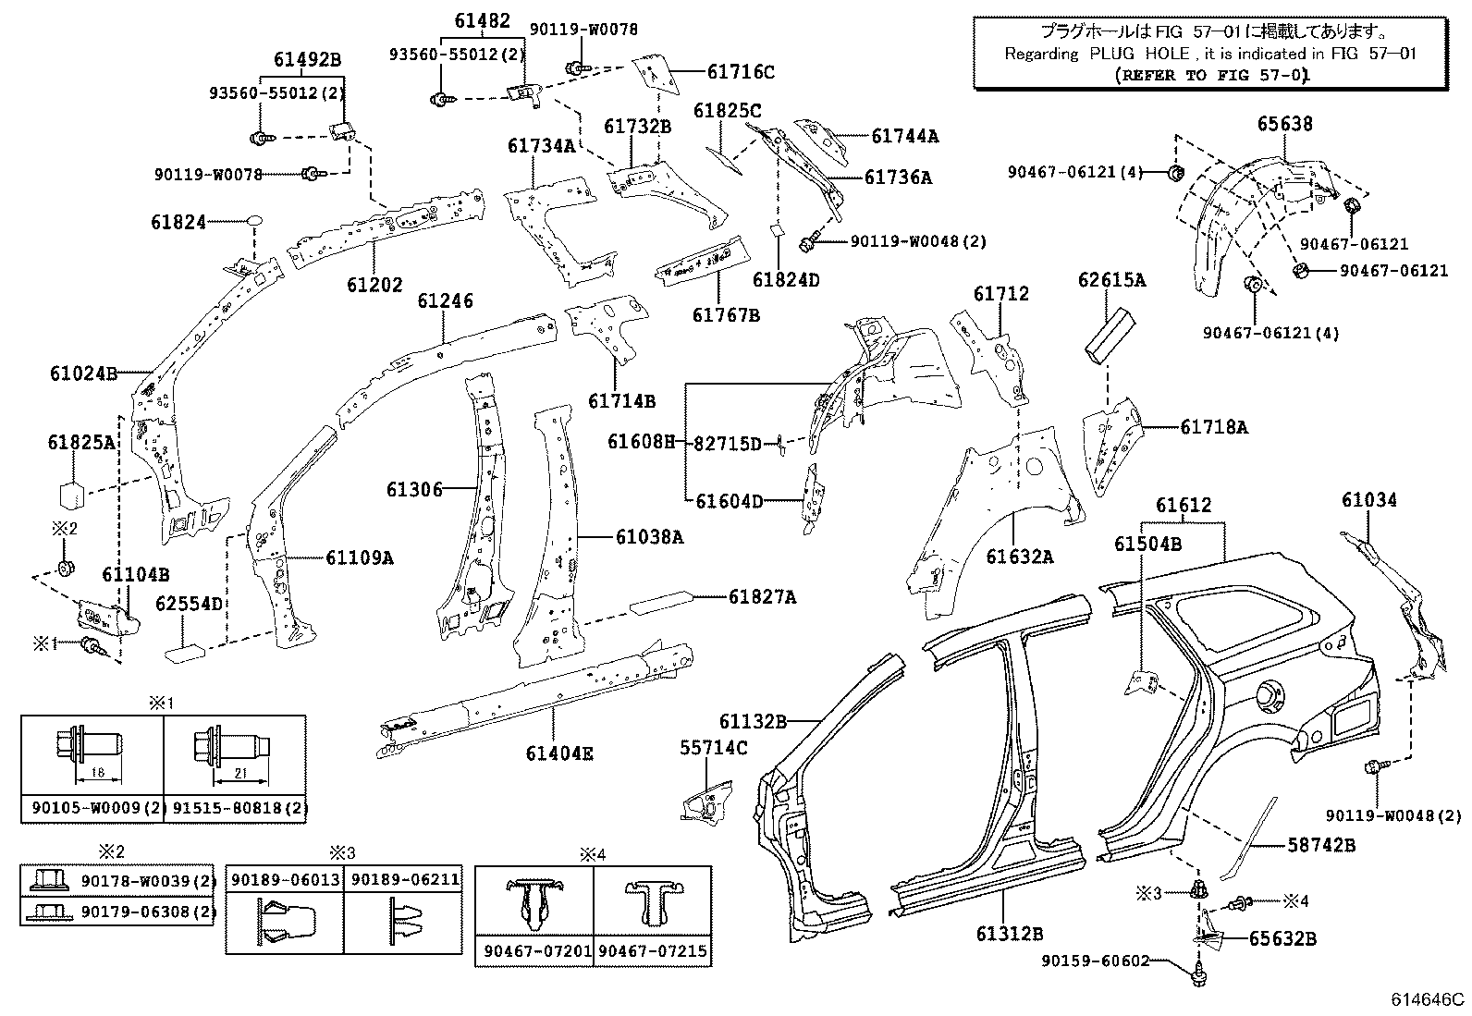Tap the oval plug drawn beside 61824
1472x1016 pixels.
(x=254, y=222)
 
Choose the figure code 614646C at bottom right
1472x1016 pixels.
(x=1429, y=999)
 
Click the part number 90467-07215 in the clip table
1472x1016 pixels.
(x=653, y=950)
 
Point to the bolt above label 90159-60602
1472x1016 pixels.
(x=1200, y=969)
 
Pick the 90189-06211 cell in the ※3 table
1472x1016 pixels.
(x=404, y=879)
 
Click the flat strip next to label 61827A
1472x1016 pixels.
(x=660, y=601)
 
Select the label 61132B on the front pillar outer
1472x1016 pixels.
(x=753, y=721)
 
